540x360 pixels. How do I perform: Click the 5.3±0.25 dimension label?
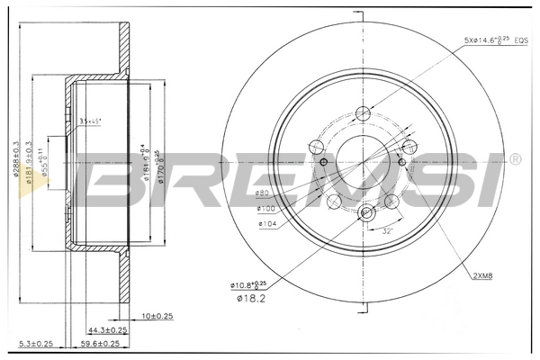[x=35, y=343]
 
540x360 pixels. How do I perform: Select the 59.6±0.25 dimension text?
[x=99, y=343]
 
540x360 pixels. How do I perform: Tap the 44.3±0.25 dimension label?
[x=108, y=329]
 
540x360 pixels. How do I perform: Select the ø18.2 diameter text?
[x=248, y=298]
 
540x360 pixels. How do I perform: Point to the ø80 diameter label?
[x=264, y=193]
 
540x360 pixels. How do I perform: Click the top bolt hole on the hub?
[x=364, y=113]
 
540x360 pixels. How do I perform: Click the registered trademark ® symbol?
[x=514, y=159]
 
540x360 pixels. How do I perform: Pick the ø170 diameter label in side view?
[x=158, y=165]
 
